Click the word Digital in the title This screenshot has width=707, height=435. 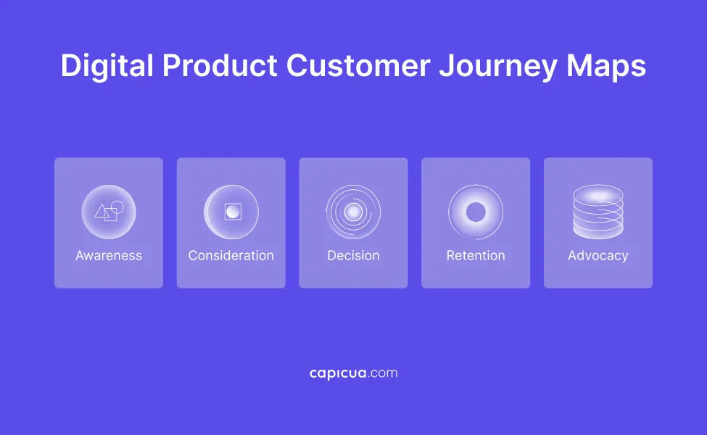tap(107, 67)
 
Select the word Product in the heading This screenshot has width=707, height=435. tap(219, 67)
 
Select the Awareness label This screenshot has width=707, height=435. tap(109, 256)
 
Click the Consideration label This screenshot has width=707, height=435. tap(231, 256)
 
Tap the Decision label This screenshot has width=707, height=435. tap(353, 256)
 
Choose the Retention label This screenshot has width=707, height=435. tap(476, 256)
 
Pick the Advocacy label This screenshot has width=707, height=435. tap(598, 256)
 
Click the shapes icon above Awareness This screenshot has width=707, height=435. tap(109, 212)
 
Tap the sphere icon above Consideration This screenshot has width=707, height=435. tap(231, 212)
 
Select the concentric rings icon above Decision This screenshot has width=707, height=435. tap(353, 212)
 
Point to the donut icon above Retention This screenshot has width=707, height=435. tap(476, 212)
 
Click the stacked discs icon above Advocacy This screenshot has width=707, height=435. tap(598, 212)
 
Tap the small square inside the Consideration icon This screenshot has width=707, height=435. tap(233, 212)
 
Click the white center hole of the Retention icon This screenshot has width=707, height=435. tap(476, 212)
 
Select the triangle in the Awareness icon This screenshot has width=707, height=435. tap(102, 213)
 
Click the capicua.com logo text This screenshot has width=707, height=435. tap(353, 373)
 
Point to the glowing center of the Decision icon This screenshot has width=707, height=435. tap(353, 212)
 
